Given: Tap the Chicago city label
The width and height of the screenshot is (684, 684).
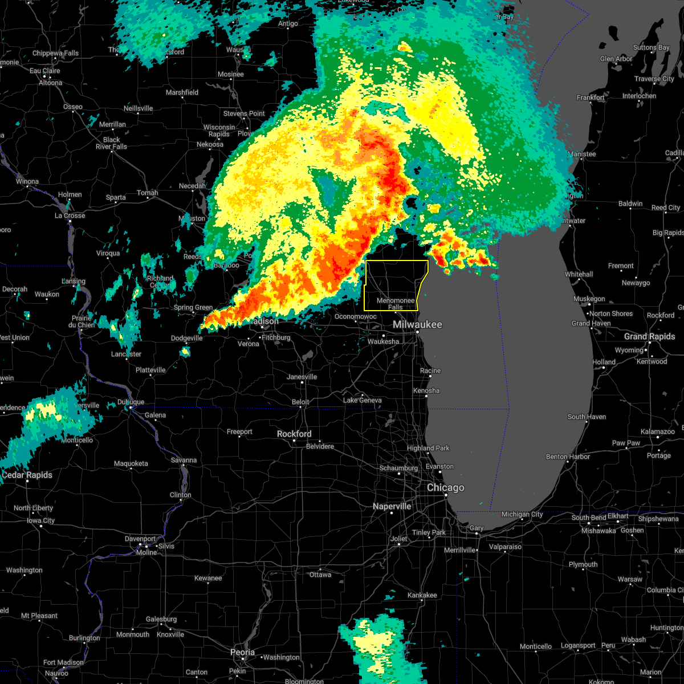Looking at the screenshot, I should tap(446, 488).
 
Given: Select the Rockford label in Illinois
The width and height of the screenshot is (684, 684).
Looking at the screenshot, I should tap(294, 434).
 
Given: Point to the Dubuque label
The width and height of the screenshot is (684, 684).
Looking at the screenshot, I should tap(131, 402).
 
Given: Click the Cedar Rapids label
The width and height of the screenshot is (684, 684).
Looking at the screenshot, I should tap(27, 475).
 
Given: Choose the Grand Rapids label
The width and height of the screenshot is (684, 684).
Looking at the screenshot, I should tap(649, 336).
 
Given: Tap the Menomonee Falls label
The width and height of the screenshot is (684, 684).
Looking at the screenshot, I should tap(396, 304).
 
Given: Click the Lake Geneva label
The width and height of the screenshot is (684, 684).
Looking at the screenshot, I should tap(363, 400).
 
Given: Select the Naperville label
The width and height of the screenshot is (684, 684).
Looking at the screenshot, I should tap(392, 506).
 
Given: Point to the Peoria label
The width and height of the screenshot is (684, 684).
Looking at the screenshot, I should tap(242, 652).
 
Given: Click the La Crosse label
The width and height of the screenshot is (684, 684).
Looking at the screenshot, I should tap(70, 215).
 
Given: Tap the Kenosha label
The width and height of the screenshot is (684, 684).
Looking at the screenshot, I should tap(426, 390).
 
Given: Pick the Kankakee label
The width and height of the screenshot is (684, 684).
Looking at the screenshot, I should tap(422, 595).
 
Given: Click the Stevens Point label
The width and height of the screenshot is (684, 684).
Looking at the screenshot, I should tap(244, 113).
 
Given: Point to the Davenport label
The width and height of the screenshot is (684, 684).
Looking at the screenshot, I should tap(140, 539).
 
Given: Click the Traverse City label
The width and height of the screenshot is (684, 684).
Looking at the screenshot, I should tap(655, 79).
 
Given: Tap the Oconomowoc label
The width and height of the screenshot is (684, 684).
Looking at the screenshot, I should tap(356, 316).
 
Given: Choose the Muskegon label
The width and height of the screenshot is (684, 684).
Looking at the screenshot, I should tap(589, 299).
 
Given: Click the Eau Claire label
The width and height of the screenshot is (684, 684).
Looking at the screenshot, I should tap(45, 71).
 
